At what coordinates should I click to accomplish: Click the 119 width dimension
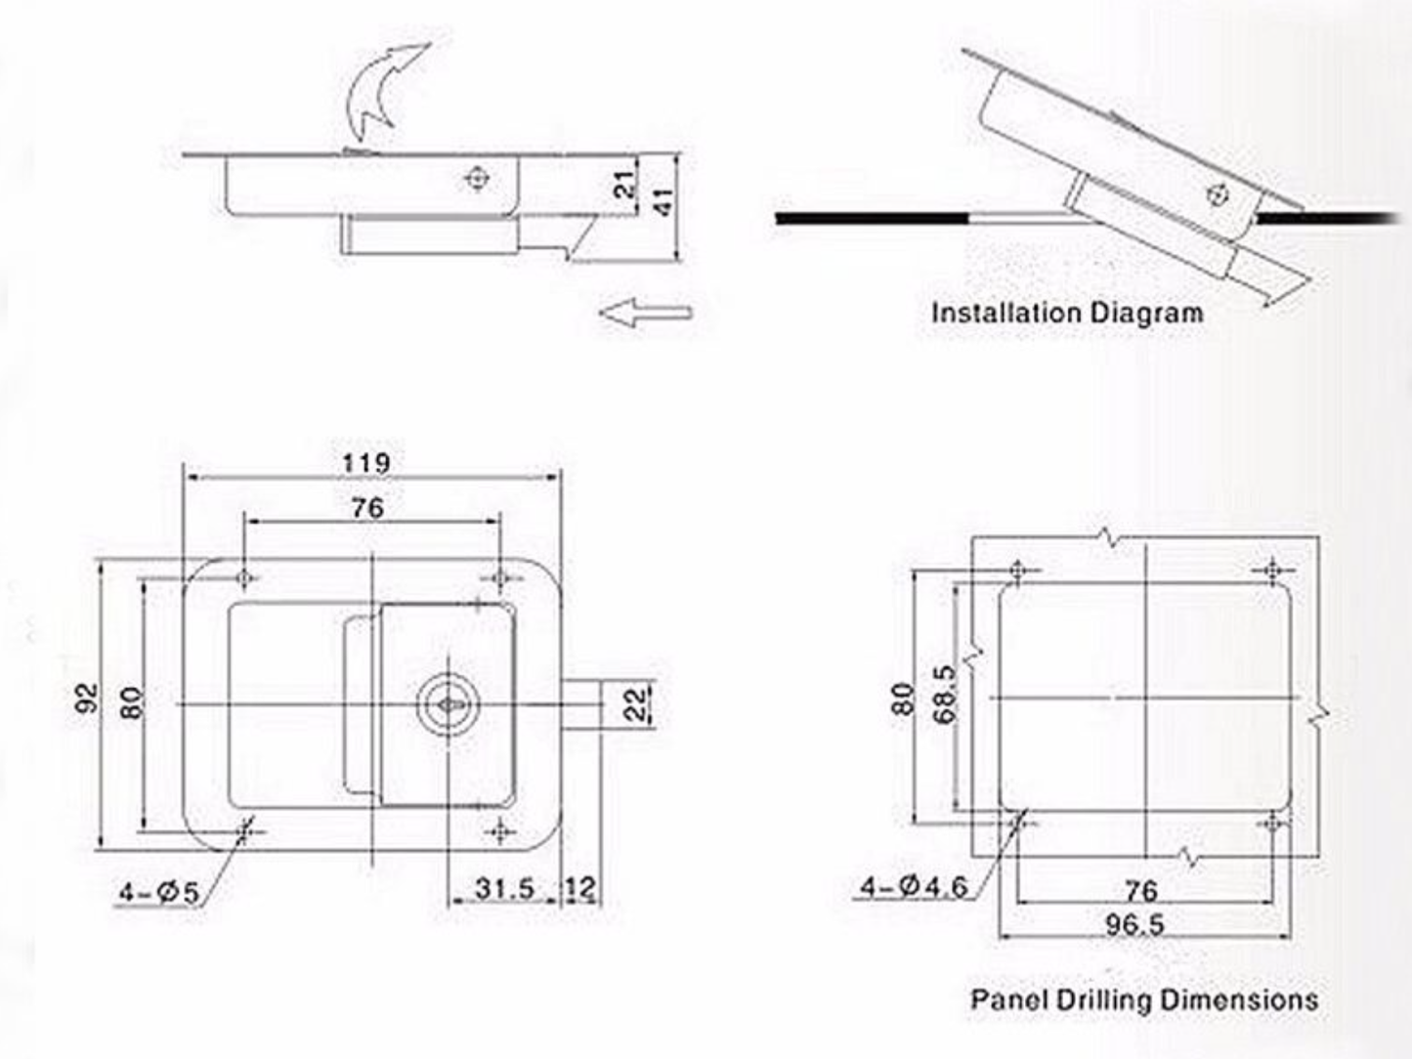tap(366, 462)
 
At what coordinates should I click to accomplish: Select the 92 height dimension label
tap(88, 699)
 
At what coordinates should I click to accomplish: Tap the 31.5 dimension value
tap(504, 888)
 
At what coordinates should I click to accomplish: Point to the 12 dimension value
tap(580, 888)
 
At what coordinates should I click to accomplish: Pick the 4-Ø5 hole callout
tap(158, 892)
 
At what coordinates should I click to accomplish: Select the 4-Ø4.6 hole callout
tap(913, 887)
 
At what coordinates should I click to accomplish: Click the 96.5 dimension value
tap(1134, 923)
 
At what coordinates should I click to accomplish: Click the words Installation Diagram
tap(1067, 314)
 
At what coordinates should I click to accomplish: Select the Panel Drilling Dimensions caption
tap(1143, 1000)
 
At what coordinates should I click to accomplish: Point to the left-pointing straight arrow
tap(645, 313)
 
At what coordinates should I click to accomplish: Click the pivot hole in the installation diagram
tap(1218, 194)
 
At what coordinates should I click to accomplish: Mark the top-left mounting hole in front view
tap(244, 577)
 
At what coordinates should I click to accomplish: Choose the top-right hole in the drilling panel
tap(1272, 571)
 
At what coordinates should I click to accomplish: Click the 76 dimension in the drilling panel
tap(1140, 890)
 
